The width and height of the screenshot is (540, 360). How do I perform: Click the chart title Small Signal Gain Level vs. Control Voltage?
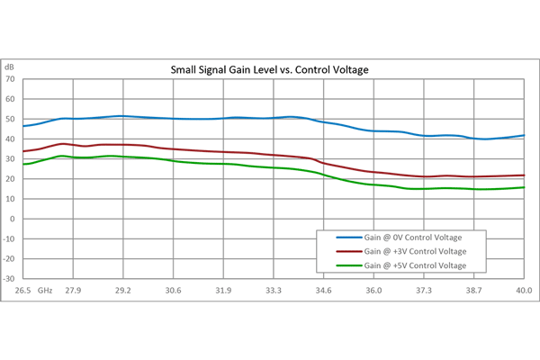(271, 69)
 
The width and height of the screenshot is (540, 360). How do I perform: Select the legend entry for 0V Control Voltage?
(415, 237)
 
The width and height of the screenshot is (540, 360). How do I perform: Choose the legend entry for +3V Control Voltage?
(416, 251)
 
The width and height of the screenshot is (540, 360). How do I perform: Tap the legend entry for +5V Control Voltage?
(416, 265)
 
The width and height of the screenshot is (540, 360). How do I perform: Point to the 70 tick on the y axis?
(11, 79)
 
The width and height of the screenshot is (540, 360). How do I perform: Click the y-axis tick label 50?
(11, 119)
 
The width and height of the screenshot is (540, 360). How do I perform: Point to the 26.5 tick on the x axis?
(23, 290)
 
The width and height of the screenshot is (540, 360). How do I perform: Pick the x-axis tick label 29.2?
(123, 290)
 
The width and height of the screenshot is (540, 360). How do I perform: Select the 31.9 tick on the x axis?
(223, 290)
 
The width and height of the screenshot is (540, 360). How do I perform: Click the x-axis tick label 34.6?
(324, 290)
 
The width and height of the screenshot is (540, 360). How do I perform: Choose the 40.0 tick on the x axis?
(522, 290)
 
